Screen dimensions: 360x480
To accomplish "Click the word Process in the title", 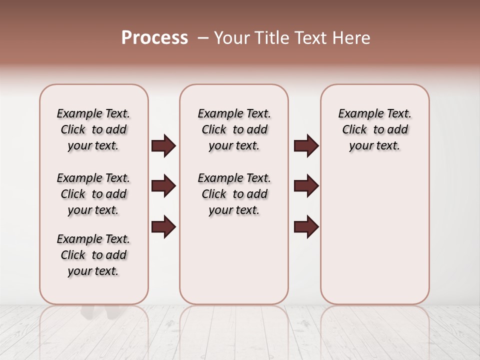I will click(154, 37).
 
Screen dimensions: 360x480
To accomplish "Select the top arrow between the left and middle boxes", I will click(163, 146).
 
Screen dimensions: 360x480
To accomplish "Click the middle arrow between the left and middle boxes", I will click(163, 186).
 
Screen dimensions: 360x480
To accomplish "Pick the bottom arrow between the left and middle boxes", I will click(163, 227).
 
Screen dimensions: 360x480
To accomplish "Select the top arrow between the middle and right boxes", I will click(306, 146).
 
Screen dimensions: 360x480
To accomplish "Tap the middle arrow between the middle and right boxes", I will click(306, 186).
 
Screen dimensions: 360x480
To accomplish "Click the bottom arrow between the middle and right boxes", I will click(306, 227).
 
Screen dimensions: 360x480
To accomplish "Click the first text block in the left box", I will click(93, 129).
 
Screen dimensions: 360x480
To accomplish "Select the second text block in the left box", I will click(93, 194).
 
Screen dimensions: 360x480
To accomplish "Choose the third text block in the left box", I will click(93, 255).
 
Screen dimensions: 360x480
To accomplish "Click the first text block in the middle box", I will click(234, 129).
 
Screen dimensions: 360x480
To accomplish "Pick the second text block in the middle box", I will click(234, 194).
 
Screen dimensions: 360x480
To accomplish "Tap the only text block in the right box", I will click(375, 129).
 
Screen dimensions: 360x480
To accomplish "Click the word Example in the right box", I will click(358, 114).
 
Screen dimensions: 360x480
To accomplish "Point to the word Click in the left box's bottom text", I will click(73, 255).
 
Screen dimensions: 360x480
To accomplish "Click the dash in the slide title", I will click(202, 38).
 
